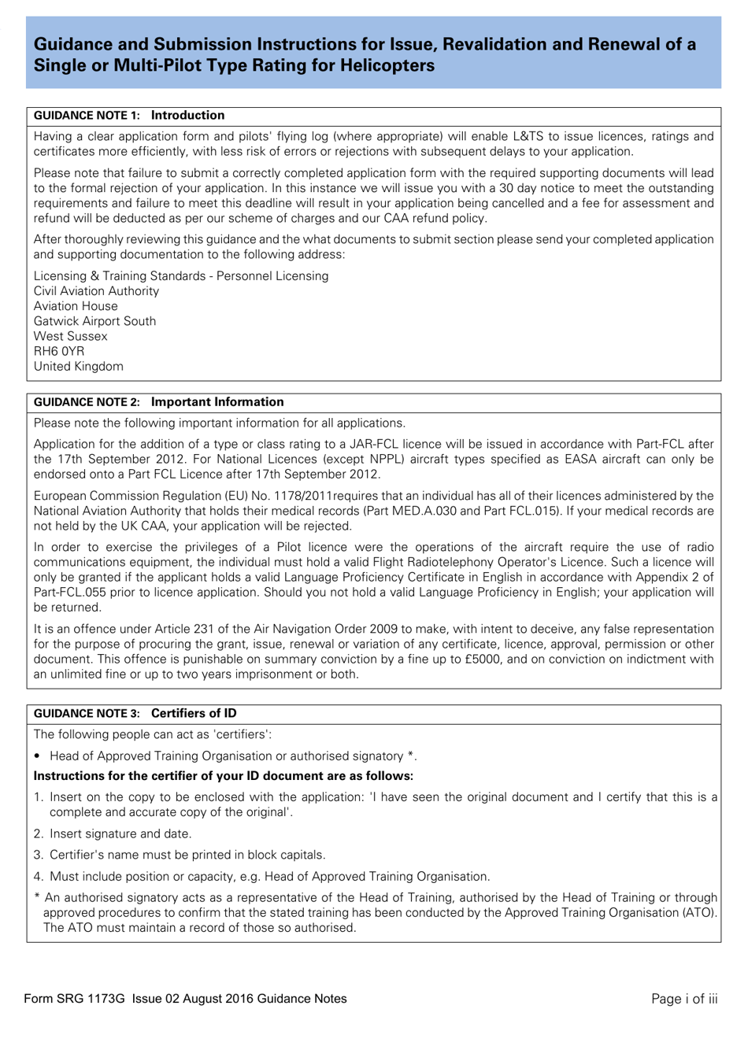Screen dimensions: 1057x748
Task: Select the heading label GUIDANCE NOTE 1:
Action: click(87, 116)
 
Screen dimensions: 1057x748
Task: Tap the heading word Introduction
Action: click(187, 116)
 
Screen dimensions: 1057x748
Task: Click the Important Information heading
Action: click(217, 402)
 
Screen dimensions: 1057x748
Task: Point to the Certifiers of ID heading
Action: click(194, 714)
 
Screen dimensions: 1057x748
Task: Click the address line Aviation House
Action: click(76, 306)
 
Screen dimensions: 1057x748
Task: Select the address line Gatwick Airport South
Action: click(94, 321)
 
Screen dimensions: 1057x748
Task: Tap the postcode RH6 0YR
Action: click(59, 351)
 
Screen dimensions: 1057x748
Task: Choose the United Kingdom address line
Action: click(78, 366)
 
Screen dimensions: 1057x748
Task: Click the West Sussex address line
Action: click(70, 336)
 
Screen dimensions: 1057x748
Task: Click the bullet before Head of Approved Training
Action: click(37, 756)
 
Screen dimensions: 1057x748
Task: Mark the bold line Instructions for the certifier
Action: click(223, 776)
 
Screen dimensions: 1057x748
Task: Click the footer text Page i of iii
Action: click(684, 999)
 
